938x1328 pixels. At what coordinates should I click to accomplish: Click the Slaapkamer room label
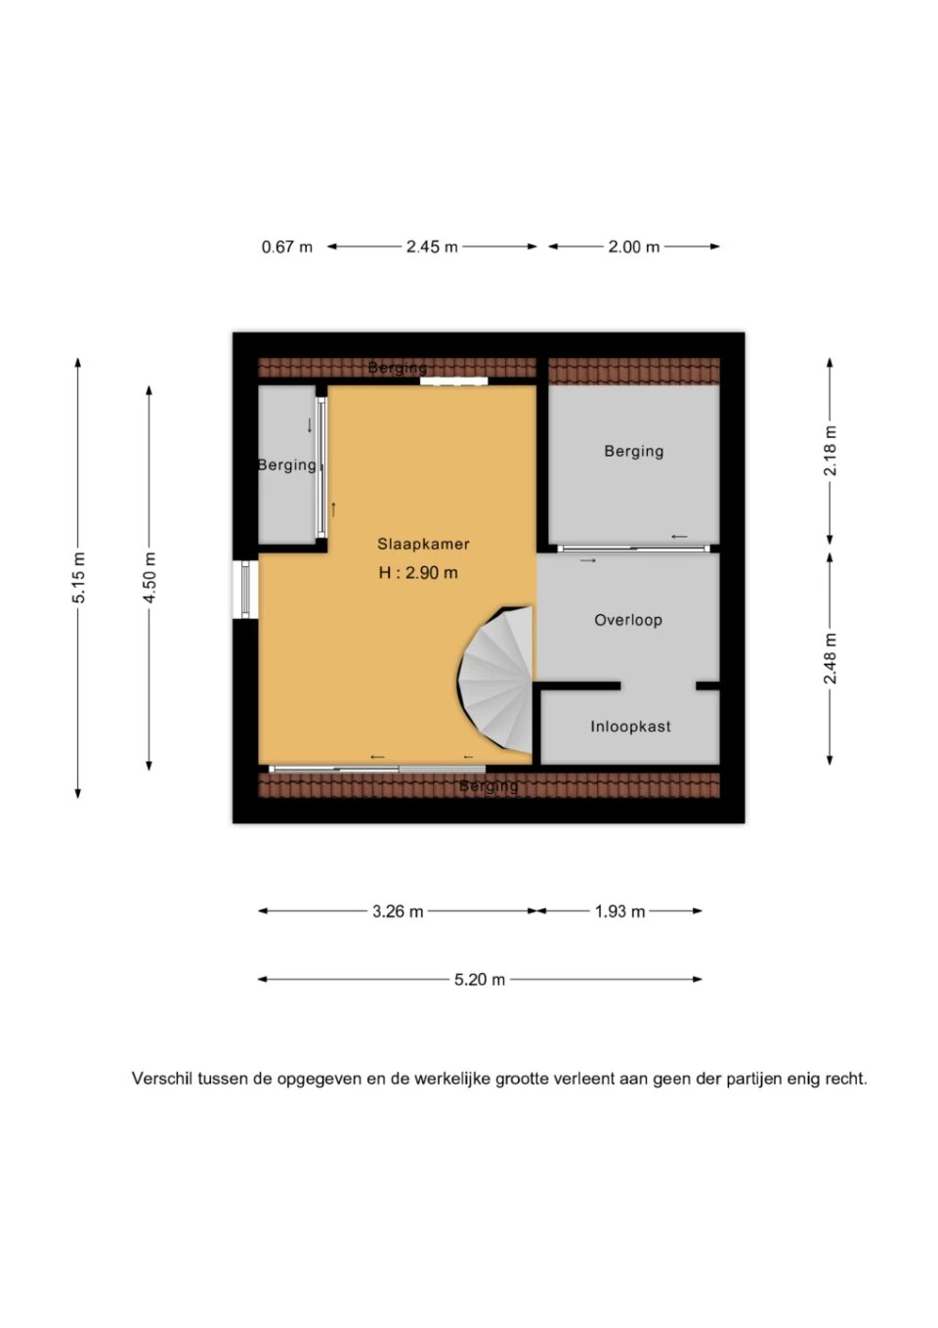[x=423, y=544]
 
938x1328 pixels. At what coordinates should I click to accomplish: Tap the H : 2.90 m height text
[x=418, y=573]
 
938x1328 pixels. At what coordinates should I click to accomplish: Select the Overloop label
[x=627, y=620]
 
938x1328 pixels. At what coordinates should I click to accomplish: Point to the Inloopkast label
[x=630, y=727]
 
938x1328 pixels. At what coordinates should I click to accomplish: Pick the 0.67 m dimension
[x=286, y=246]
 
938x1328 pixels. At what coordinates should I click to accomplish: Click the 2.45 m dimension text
[x=432, y=246]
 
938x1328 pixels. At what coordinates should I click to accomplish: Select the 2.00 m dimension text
[x=633, y=246]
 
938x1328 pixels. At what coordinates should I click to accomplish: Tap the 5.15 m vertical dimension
[x=79, y=577]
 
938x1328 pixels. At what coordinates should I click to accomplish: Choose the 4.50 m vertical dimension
[x=149, y=577]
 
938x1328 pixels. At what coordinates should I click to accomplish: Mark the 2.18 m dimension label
[x=831, y=451]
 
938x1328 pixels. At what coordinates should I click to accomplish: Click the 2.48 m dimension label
[x=831, y=658]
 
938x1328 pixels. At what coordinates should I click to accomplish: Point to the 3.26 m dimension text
[x=398, y=911]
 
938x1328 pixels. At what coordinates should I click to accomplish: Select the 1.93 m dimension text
[x=619, y=911]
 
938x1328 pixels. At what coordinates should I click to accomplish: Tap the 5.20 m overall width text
[x=480, y=980]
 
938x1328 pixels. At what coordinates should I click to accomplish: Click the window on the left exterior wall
[x=245, y=590]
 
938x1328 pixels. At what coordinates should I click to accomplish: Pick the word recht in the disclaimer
[x=847, y=1079]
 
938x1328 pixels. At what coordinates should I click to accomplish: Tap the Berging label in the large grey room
[x=633, y=451]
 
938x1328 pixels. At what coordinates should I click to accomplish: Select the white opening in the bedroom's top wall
[x=454, y=381]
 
